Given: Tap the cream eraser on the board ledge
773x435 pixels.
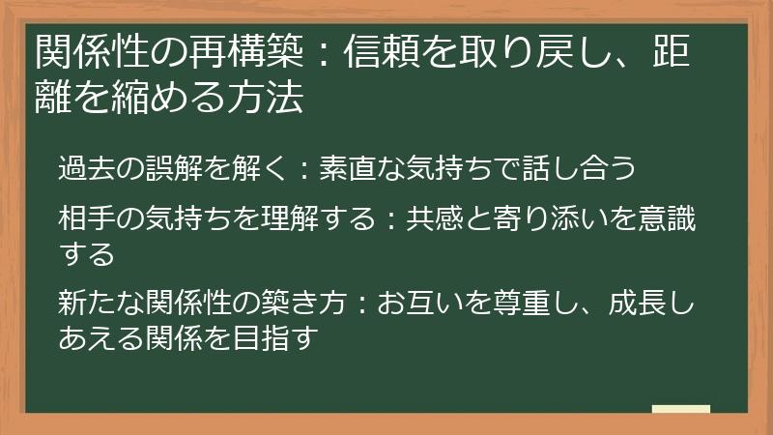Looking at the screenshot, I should (x=681, y=407).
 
